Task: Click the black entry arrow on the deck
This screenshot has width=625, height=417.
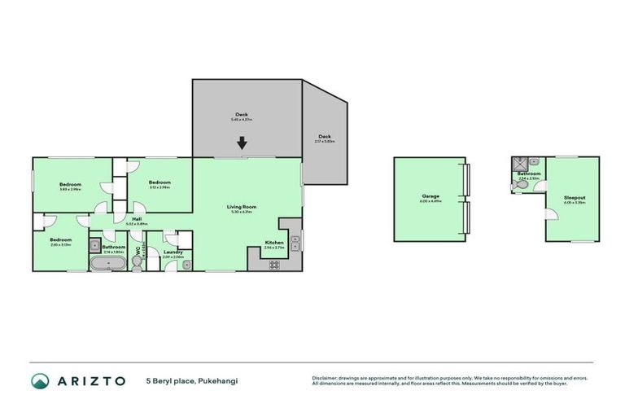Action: coord(242,144)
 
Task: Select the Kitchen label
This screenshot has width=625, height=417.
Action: coord(273,242)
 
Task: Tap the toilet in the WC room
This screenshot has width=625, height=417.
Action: coord(138,262)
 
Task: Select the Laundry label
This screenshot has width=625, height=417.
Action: coord(173,252)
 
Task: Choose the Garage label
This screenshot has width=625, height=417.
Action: coord(431,196)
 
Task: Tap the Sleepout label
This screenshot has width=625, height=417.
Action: coord(575,197)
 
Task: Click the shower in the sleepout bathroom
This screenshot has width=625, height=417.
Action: coord(518,163)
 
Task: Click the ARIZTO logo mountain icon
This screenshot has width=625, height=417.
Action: coord(40,381)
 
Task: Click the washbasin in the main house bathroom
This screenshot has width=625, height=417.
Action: coord(95,244)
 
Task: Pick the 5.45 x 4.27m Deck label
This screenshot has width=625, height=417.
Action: coord(242,115)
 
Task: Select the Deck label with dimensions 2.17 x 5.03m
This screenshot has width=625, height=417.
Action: coord(324,138)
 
